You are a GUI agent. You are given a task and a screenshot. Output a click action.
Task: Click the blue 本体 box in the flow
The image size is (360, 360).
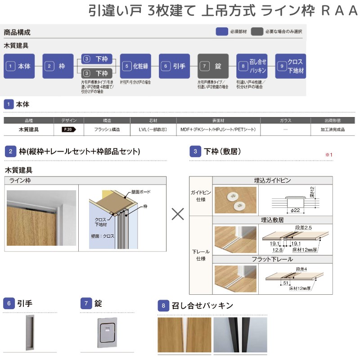(19, 66)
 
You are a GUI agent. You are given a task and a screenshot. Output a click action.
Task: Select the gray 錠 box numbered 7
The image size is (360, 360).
(213, 66)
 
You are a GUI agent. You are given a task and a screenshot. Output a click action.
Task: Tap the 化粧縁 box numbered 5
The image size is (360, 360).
(135, 66)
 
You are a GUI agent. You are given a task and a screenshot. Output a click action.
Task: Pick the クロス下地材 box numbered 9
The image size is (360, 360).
(291, 66)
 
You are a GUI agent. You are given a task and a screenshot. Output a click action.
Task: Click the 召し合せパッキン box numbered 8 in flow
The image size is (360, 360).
(252, 66)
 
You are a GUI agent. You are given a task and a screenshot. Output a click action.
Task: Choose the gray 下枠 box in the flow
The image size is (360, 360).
(97, 73)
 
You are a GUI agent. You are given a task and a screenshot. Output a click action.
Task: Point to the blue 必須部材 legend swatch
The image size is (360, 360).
(222, 31)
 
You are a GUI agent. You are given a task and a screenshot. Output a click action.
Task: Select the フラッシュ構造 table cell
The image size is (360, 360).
(107, 130)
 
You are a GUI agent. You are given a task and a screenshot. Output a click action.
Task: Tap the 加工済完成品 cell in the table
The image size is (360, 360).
(333, 130)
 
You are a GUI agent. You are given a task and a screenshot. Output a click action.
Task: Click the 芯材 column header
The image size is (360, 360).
(153, 121)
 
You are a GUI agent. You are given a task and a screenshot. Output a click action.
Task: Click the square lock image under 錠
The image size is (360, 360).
(107, 333)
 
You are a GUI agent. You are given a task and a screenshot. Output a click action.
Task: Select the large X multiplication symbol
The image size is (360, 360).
(178, 214)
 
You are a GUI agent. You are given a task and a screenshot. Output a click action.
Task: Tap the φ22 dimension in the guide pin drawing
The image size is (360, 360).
(295, 210)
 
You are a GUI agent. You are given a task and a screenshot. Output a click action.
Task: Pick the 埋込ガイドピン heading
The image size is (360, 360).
(273, 180)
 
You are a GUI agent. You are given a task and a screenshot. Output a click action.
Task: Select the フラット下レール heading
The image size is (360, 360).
(273, 259)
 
